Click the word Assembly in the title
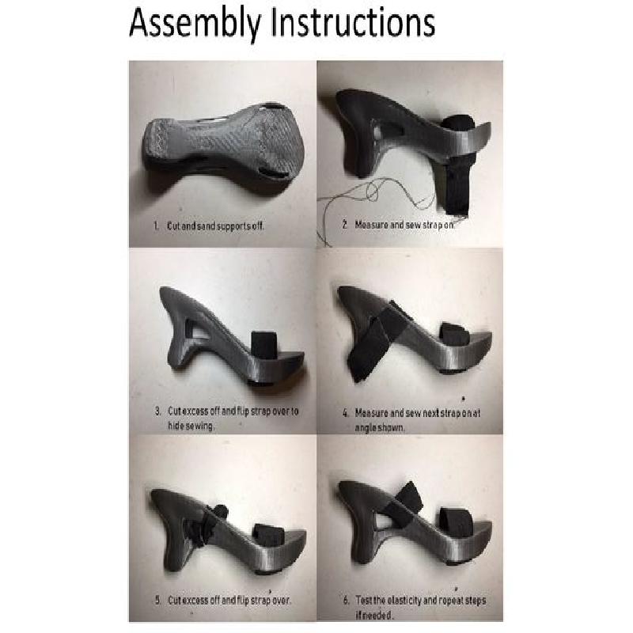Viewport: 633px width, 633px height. [195, 24]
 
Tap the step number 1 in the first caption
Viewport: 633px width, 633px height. [156, 226]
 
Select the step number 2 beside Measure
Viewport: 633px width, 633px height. [345, 225]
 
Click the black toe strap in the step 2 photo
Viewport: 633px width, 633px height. [457, 165]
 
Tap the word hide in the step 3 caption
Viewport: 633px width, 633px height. [175, 426]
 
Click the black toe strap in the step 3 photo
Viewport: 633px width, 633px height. [264, 345]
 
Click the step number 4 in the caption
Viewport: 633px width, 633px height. [346, 413]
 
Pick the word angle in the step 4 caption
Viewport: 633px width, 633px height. [365, 428]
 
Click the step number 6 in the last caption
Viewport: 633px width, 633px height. [346, 601]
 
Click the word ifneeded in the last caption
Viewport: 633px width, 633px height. [373, 616]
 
